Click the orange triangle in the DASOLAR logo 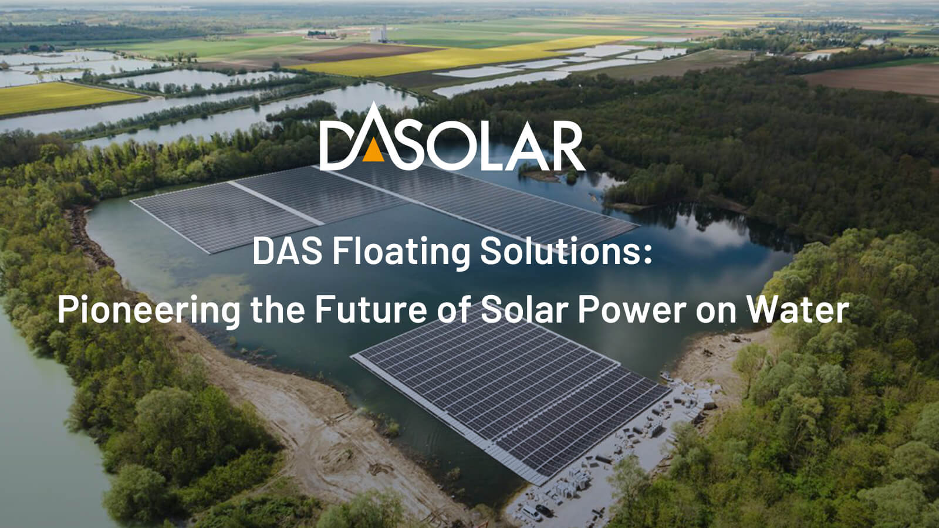click(373, 152)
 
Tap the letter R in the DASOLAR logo click(564, 146)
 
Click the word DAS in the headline click(287, 251)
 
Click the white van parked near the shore click(532, 513)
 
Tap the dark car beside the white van click(545, 510)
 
